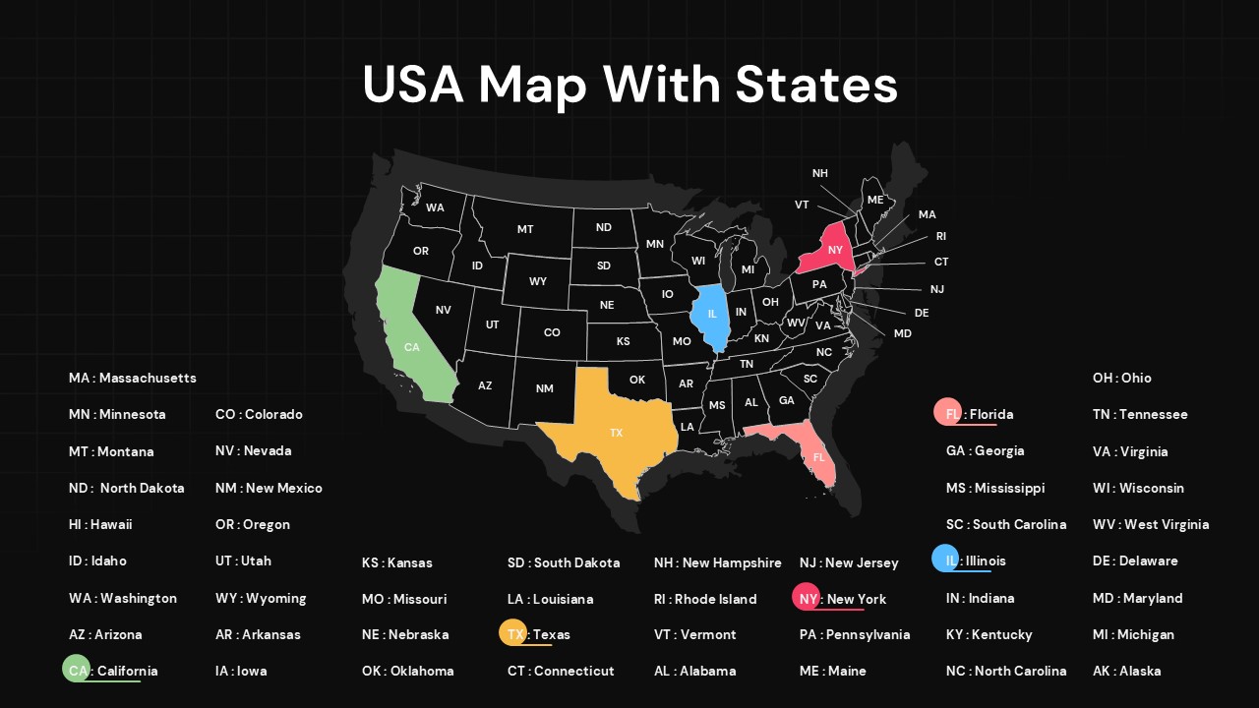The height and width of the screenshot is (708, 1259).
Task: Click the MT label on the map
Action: pyautogui.click(x=525, y=229)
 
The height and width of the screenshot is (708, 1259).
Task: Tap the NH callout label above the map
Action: pyautogui.click(x=819, y=174)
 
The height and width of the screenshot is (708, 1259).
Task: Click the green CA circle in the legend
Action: pyautogui.click(x=77, y=670)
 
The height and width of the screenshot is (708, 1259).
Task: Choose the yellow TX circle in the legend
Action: pyautogui.click(x=513, y=633)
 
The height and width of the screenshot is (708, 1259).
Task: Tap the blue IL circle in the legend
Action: pyautogui.click(x=945, y=560)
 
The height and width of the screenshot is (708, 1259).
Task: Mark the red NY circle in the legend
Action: pyautogui.click(x=807, y=598)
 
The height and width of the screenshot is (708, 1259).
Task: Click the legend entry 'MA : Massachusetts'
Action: pyautogui.click(x=133, y=378)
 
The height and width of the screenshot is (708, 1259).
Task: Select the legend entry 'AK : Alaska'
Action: pyautogui.click(x=1126, y=671)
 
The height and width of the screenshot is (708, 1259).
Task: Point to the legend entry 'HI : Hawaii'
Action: pyautogui.click(x=100, y=524)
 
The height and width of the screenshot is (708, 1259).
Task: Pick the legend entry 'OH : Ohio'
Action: pyautogui.click(x=1121, y=378)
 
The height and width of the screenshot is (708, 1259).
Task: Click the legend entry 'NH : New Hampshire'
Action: pyautogui.click(x=717, y=562)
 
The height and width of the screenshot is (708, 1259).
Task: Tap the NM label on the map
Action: pyautogui.click(x=545, y=388)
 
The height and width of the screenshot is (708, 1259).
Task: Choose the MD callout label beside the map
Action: pyautogui.click(x=902, y=333)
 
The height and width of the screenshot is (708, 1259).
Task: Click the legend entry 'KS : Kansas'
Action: pyautogui.click(x=396, y=562)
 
